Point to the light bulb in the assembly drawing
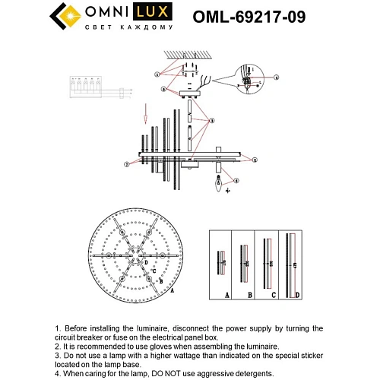220,182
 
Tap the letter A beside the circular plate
172,290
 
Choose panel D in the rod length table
292,262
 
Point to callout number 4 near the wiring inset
277,77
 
